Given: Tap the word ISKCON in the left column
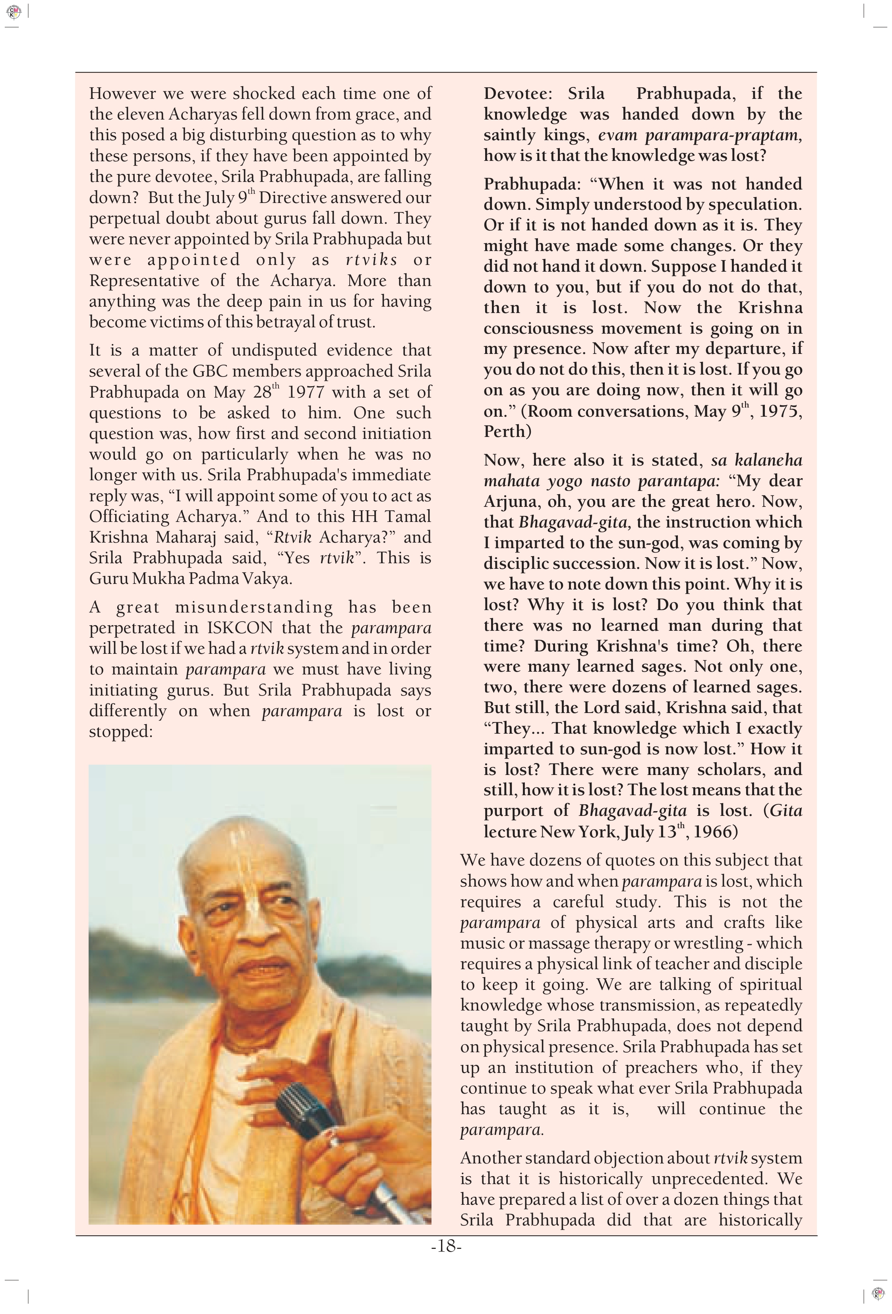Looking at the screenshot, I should (x=240, y=628).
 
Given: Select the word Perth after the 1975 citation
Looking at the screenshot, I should (x=507, y=432).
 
